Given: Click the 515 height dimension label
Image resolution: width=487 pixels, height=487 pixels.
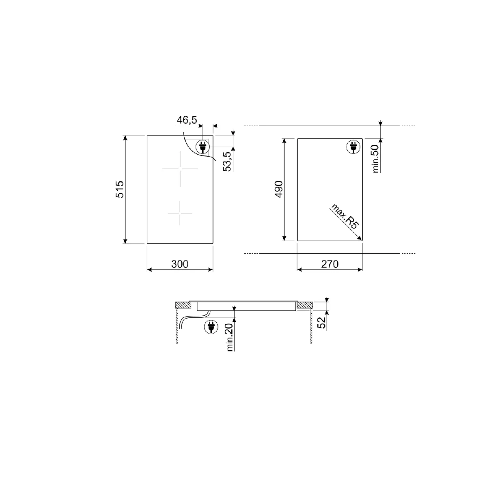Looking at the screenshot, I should [120, 190].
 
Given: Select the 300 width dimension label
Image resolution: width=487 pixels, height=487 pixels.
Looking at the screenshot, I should [180, 264].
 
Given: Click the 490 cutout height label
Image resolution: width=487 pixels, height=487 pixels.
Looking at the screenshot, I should [278, 190].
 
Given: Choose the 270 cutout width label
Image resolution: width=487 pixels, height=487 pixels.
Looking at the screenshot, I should [330, 264].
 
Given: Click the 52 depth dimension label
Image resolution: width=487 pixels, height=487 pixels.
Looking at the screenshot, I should [321, 323].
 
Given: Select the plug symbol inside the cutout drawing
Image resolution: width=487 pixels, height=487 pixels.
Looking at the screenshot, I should [353, 147].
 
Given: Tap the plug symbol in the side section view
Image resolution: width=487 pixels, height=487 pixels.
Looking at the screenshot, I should [211, 326].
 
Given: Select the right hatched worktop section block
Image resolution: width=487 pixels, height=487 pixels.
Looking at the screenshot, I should [304, 305].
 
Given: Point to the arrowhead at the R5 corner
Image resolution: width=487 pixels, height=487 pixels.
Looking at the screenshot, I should [360, 239].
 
